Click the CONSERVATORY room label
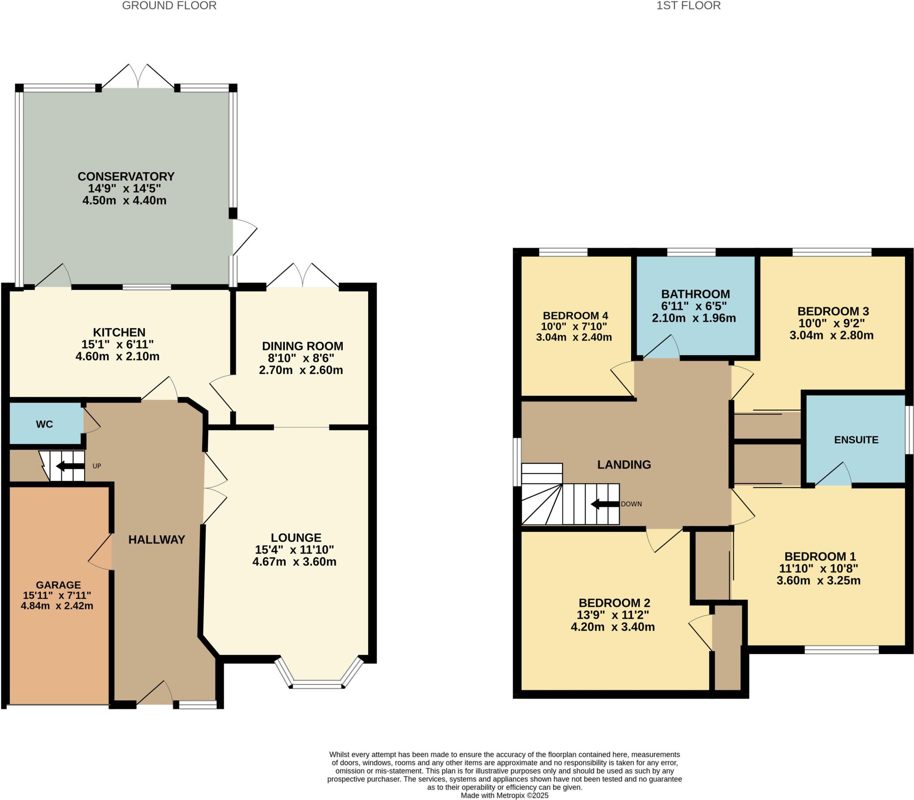[126, 176]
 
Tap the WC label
[44, 424]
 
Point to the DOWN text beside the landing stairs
[631, 504]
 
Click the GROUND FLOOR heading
[169, 6]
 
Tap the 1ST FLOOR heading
[688, 6]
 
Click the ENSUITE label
[856, 440]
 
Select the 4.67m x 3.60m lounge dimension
[294, 562]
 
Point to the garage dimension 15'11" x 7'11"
[57, 595]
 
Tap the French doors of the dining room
[303, 276]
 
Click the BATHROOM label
[695, 294]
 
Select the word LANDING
[624, 465]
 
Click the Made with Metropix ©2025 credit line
[504, 795]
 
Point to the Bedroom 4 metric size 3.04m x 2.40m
[574, 337]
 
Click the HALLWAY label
[156, 540]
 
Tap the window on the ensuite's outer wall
[909, 430]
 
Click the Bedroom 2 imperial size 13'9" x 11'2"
[613, 615]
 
